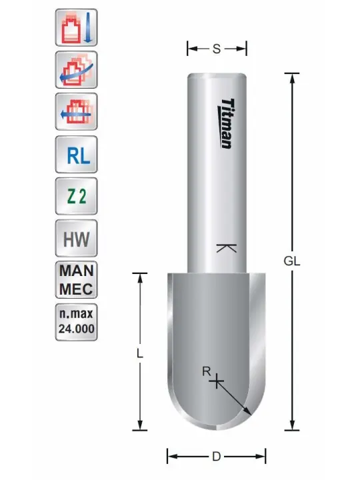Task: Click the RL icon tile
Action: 76,155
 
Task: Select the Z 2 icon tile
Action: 76,196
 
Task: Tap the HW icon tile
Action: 76,238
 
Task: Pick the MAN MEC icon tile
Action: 76,280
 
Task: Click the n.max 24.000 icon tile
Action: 76,322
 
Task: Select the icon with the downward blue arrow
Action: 76,27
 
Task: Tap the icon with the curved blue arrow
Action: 76,70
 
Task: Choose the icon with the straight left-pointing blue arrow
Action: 76,112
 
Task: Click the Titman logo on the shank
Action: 227,123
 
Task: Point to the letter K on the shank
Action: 226,248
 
